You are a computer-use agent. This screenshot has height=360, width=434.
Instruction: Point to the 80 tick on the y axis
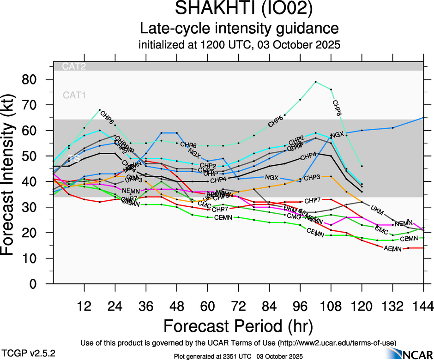37,79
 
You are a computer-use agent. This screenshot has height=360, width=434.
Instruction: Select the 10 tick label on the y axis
37,258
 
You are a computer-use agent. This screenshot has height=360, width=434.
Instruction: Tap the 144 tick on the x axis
423,306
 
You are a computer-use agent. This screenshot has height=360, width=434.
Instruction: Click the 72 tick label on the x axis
238,306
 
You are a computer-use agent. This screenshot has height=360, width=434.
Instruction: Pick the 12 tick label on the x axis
84,306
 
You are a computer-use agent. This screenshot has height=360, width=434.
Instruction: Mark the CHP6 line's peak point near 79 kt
315,82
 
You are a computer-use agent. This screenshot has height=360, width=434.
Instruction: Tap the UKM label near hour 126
377,209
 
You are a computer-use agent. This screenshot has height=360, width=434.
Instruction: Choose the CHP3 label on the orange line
312,177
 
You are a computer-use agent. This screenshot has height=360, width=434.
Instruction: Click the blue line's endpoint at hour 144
423,118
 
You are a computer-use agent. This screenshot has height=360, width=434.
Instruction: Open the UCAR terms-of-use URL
337,343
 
